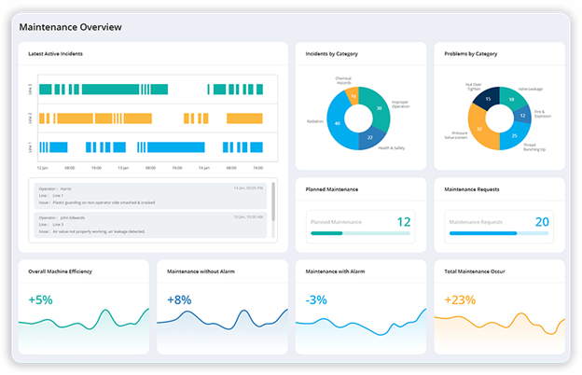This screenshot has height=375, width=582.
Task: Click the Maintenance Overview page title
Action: coord(70,27)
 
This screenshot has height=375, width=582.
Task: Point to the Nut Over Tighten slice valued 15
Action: coord(485,99)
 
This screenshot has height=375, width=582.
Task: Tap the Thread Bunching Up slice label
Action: coord(534,147)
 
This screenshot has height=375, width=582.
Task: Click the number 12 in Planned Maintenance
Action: coord(403,222)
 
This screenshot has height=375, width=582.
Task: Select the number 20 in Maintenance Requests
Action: coord(542,222)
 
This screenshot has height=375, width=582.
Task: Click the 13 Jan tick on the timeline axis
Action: coord(123,167)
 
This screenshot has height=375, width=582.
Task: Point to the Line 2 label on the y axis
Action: coord(31,118)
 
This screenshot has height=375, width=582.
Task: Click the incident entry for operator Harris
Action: coord(149,194)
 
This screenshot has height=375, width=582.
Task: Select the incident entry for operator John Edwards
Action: coord(149,225)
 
